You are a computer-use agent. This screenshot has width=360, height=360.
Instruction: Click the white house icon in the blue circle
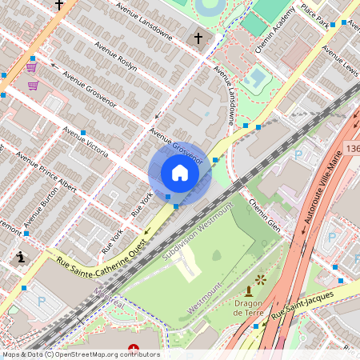click(180, 173)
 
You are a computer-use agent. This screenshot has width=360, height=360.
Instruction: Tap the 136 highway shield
click(353, 150)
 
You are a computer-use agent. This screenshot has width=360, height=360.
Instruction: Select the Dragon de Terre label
click(254, 308)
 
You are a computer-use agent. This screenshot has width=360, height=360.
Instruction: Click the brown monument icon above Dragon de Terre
click(249, 291)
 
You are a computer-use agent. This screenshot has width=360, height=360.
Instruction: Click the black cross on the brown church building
click(198, 38)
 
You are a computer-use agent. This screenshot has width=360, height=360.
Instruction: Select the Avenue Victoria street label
click(86, 141)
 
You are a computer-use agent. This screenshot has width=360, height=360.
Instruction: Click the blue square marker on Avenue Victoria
click(83, 122)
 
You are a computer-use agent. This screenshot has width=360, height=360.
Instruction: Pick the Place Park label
click(317, 16)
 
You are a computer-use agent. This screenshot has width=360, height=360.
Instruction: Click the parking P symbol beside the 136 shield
click(298, 154)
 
